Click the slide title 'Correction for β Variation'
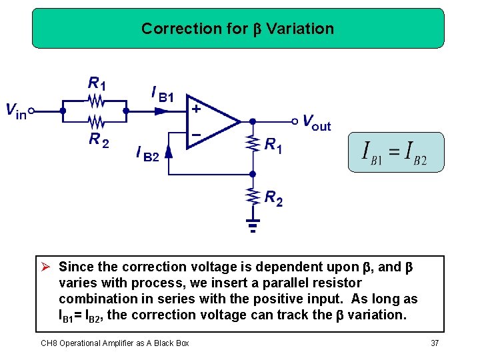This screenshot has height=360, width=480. click(x=237, y=29)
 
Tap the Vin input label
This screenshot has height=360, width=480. click(x=16, y=111)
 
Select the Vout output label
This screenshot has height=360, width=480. click(x=316, y=122)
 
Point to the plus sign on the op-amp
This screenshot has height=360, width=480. click(x=197, y=108)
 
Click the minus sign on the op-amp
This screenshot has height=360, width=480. click(x=197, y=135)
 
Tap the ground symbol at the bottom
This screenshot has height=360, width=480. click(x=253, y=225)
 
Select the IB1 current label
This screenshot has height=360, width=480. click(x=163, y=94)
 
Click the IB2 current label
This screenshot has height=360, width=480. click(x=147, y=155)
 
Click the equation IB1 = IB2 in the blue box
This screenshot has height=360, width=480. click(x=394, y=153)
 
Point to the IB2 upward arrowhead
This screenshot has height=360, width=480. click(x=169, y=151)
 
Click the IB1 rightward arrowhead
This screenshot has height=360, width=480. click(x=160, y=111)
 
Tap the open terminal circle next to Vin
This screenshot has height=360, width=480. click(x=31, y=111)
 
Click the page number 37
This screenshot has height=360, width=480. click(x=435, y=343)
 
